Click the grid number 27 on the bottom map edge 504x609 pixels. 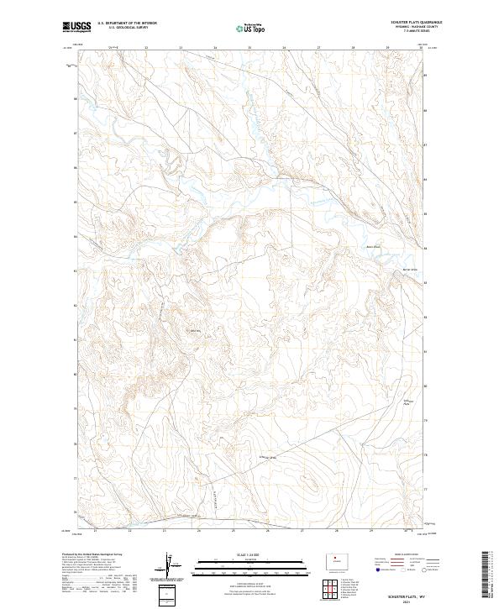(302, 531)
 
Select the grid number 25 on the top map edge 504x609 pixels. (249, 48)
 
